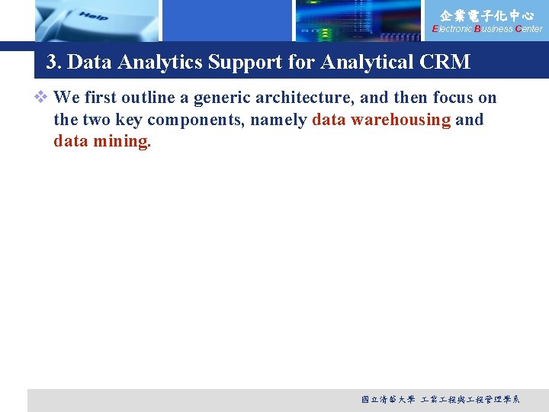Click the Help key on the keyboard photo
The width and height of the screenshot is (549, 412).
[92, 16]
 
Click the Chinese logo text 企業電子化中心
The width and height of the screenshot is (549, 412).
[487, 14]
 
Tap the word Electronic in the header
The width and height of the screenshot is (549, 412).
[452, 29]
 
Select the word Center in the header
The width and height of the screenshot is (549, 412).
[528, 29]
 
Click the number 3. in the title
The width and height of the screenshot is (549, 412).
[54, 63]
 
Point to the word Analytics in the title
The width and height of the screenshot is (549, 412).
[165, 63]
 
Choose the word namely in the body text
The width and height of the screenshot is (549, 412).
[281, 120]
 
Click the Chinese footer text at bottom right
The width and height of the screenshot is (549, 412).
[440, 399]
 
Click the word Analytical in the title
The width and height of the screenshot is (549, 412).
[367, 63]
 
